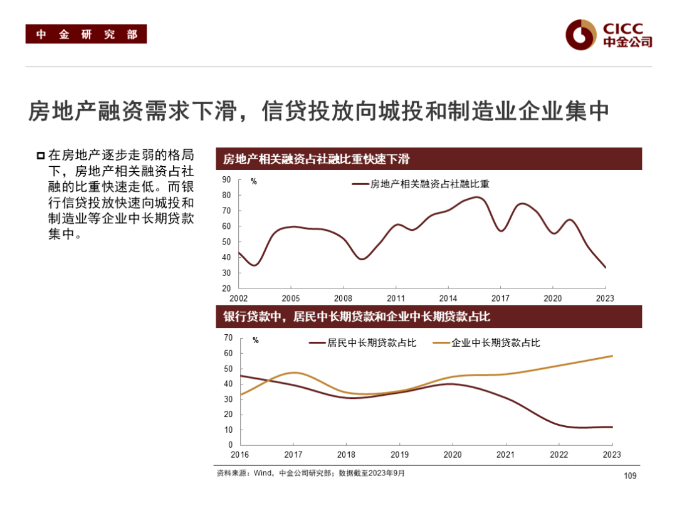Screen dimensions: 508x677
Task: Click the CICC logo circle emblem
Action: click(x=580, y=34)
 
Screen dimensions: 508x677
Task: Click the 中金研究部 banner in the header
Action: click(x=86, y=34)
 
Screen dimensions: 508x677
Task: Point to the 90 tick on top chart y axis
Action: click(x=226, y=180)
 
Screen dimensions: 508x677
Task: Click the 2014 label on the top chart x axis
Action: click(x=448, y=298)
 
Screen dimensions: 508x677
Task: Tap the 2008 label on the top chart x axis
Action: click(x=343, y=298)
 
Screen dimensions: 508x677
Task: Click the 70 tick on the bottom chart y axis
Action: click(x=228, y=338)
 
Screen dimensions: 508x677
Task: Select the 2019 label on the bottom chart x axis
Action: click(x=401, y=455)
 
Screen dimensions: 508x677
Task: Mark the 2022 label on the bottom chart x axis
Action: click(x=559, y=455)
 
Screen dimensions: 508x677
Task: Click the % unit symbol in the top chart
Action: click(x=254, y=182)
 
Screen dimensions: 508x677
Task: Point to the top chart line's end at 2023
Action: click(x=605, y=267)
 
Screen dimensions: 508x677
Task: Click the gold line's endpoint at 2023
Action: click(x=611, y=356)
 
